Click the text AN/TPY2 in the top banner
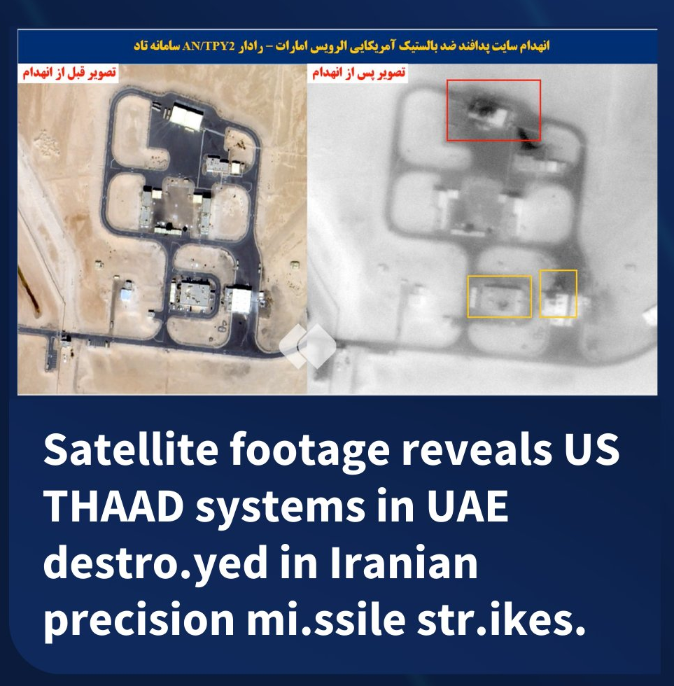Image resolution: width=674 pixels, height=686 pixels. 209,46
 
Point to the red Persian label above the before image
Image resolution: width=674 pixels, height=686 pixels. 69,73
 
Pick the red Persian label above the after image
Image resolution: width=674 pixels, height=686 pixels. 358,73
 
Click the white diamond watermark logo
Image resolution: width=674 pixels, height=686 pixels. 308,346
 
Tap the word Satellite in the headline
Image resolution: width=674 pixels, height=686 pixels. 131,449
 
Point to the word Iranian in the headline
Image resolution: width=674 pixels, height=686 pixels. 403,563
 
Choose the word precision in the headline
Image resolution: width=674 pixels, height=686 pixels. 139,619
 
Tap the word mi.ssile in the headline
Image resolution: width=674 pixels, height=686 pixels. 326,619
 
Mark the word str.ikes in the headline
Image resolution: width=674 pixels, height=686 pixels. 501,619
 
